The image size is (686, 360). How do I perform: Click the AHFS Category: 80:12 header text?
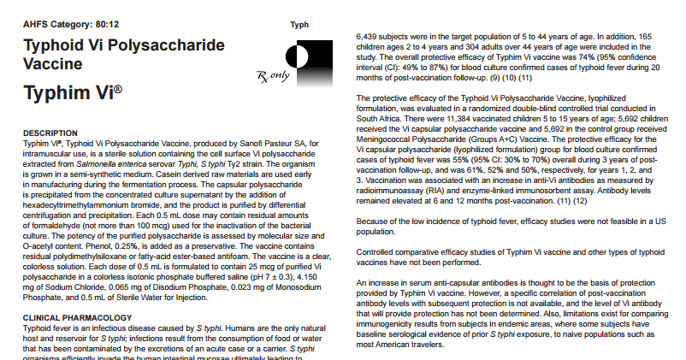(x=61, y=24)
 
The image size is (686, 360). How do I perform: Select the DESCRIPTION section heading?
(x=54, y=133)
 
